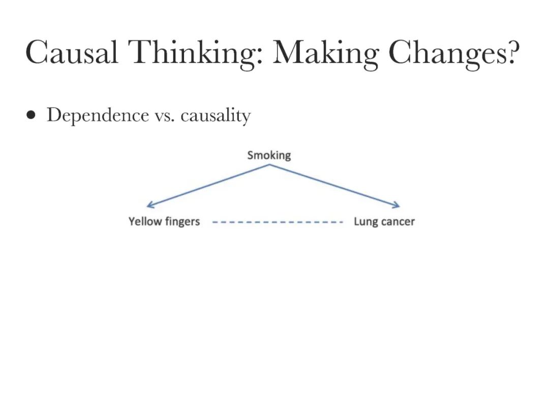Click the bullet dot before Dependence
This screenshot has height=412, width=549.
click(x=32, y=115)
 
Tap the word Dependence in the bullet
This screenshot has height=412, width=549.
click(x=97, y=115)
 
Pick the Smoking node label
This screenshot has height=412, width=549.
click(x=269, y=155)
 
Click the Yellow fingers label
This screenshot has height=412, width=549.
click(x=164, y=222)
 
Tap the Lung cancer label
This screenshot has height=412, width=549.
click(x=384, y=222)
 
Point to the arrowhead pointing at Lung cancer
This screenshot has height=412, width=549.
click(x=398, y=205)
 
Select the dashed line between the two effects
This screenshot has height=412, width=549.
click(x=277, y=222)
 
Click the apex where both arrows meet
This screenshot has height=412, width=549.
click(x=269, y=165)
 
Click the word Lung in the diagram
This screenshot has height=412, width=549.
click(x=364, y=222)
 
